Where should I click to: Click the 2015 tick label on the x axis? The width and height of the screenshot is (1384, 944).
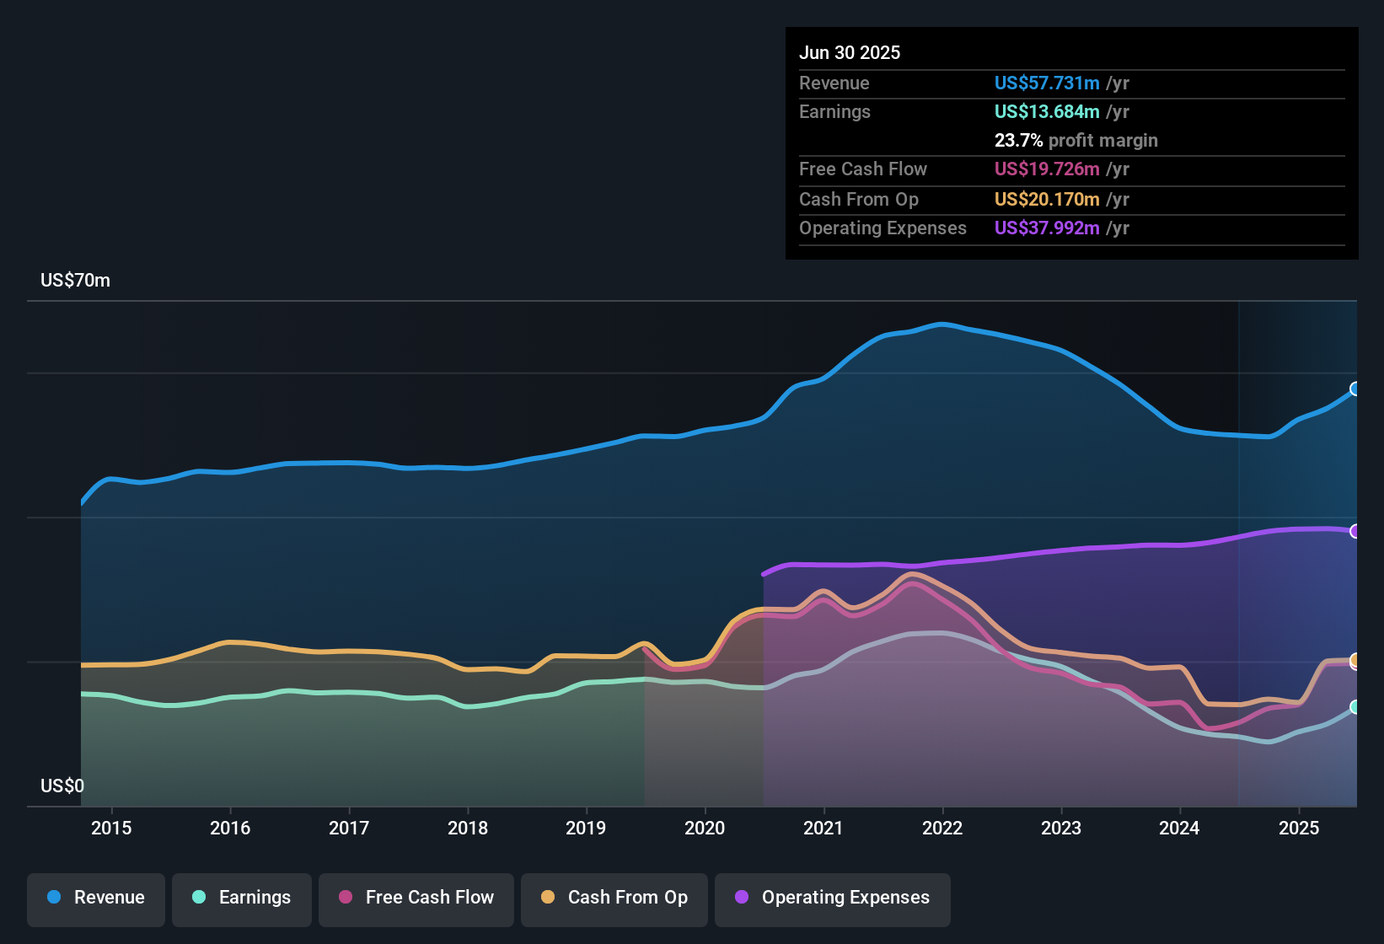[x=111, y=828]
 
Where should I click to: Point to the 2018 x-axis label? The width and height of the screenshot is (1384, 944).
[x=468, y=828]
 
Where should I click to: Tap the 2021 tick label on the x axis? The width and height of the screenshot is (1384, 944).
[x=823, y=828]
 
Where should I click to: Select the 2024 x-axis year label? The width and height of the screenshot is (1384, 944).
[x=1179, y=828]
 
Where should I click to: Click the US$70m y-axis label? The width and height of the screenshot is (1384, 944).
[x=75, y=281]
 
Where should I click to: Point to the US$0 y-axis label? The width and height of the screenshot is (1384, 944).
[x=62, y=786]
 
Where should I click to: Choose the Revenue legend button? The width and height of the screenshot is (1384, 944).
[x=96, y=898]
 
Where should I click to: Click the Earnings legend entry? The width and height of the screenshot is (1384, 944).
[x=242, y=898]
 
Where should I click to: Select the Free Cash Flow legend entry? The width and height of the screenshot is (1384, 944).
[x=416, y=898]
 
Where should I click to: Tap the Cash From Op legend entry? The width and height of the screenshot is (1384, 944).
[x=614, y=898]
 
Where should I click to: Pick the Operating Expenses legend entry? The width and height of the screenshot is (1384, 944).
[x=833, y=898]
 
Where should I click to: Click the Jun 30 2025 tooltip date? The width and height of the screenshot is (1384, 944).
[x=850, y=53]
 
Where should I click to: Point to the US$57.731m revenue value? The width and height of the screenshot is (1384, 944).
[x=1047, y=83]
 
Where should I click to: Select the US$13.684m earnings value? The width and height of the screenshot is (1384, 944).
[x=1047, y=112]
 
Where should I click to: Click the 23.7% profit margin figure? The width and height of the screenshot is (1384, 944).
[x=1018, y=141]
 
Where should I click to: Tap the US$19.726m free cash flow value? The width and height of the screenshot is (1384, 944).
[x=1047, y=169]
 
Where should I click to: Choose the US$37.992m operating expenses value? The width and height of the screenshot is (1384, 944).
[x=1047, y=228]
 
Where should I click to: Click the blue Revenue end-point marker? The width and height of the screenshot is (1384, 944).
[x=1355, y=389]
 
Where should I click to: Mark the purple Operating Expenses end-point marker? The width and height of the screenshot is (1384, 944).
[x=1355, y=531]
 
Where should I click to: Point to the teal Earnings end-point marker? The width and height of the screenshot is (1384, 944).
[x=1355, y=707]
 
